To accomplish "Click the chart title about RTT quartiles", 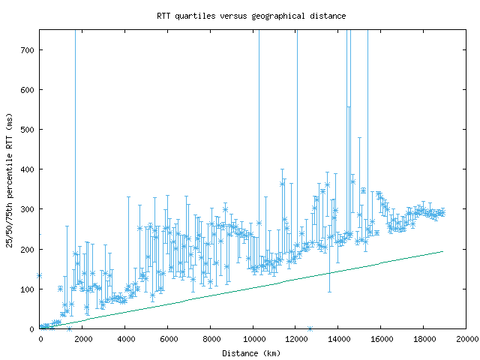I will coord(251,15).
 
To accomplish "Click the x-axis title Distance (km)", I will coord(252,352).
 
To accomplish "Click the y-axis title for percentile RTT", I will coord(10,179).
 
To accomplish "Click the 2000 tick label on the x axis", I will coord(82,339).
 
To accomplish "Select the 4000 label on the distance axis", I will coord(125,339).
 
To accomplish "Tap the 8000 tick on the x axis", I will coord(211,339).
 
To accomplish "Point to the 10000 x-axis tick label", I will coord(253,339).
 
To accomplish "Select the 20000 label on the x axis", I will coord(466,339).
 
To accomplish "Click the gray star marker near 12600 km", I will coord(310,328).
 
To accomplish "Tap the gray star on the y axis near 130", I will coord(40,276).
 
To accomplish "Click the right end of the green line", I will coord(442,251).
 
